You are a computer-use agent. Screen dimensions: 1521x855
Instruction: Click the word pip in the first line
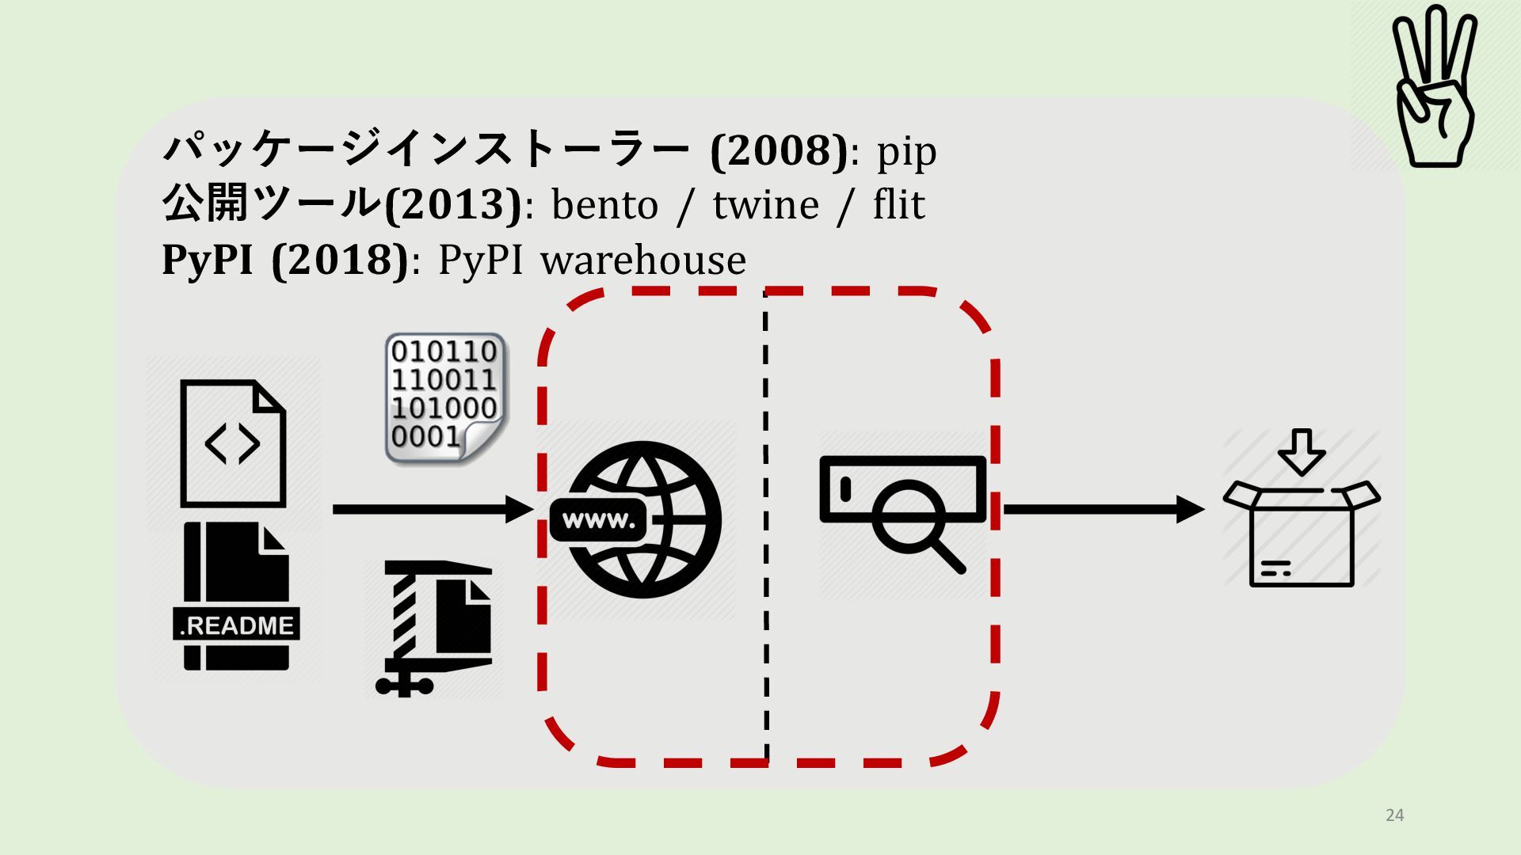click(x=906, y=151)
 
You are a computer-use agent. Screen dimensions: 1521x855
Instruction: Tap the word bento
click(x=604, y=205)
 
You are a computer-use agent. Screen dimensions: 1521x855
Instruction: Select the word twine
click(x=765, y=205)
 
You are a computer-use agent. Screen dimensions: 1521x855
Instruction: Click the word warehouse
click(x=643, y=260)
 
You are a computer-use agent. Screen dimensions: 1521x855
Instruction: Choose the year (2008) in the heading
click(x=779, y=150)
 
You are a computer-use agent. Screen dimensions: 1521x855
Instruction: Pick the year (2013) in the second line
click(x=453, y=204)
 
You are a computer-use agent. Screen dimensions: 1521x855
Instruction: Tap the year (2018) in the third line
click(x=340, y=260)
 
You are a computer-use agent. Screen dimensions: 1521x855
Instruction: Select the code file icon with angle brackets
click(x=233, y=443)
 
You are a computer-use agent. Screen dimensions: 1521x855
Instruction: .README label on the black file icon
click(x=236, y=625)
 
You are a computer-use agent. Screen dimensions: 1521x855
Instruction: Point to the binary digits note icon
click(x=444, y=397)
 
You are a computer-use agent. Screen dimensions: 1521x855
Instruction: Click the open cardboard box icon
click(x=1302, y=534)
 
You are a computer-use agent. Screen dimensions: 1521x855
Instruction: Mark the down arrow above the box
click(x=1302, y=451)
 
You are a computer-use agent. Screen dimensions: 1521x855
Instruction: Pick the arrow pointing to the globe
click(x=432, y=509)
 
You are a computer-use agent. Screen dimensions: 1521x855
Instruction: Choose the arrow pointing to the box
click(x=1103, y=509)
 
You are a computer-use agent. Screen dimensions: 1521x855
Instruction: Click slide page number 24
click(x=1395, y=815)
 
